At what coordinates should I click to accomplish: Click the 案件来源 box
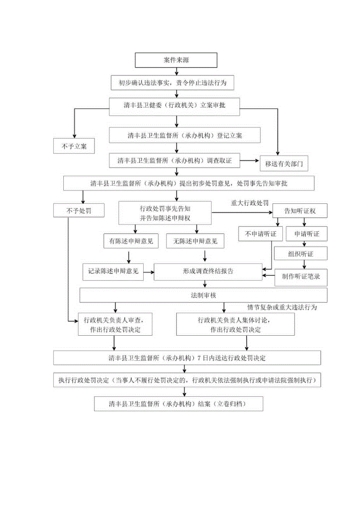pos(176,60)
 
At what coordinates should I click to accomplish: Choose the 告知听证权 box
pos(300,211)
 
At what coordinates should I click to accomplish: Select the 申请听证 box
pos(306,234)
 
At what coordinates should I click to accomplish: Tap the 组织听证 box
pos(300,254)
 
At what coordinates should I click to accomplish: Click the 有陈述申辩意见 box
pos(131,241)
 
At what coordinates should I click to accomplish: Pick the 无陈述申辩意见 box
pos(195,241)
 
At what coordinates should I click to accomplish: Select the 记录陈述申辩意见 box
pos(113,271)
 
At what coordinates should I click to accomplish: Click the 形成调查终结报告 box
pos(208,271)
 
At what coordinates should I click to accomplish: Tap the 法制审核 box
pos(203,295)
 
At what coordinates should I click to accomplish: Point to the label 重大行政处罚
pos(250,203)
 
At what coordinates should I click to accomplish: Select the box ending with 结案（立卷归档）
pos(178,403)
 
